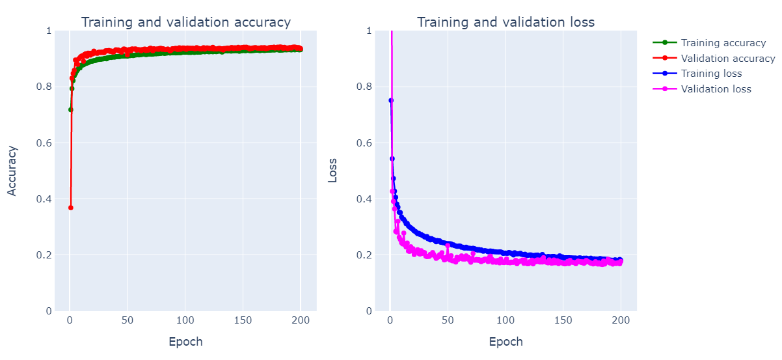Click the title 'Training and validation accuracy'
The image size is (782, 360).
(x=185, y=22)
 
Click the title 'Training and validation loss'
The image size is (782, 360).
(x=506, y=22)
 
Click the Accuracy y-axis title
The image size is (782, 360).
(x=12, y=171)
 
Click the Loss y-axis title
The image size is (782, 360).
(x=332, y=171)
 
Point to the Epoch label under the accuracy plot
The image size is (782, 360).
(x=185, y=342)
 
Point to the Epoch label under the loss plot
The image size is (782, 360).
(x=506, y=342)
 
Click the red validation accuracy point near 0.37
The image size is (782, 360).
(x=70, y=208)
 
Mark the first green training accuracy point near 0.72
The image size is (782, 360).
(x=70, y=109)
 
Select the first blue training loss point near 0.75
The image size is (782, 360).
(x=390, y=100)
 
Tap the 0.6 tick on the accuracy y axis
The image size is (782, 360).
(x=46, y=143)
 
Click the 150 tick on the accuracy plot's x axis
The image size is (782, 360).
(x=243, y=321)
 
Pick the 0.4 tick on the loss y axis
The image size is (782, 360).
(x=366, y=199)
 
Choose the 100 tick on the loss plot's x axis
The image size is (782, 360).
(x=505, y=321)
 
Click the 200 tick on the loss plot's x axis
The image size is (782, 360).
(x=621, y=321)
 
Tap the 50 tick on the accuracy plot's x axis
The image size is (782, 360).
(x=128, y=321)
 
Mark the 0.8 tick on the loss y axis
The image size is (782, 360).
(x=366, y=87)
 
